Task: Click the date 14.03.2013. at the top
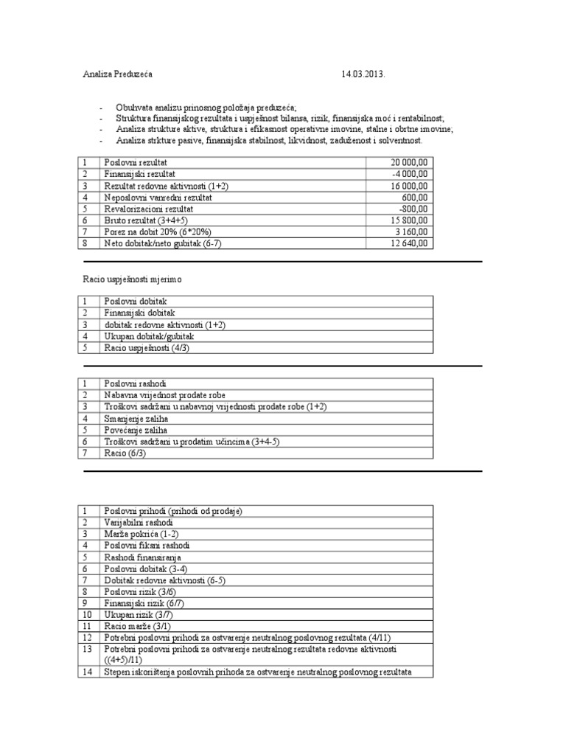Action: click(363, 74)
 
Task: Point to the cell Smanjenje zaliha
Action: click(136, 417)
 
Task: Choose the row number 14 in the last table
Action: click(87, 672)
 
